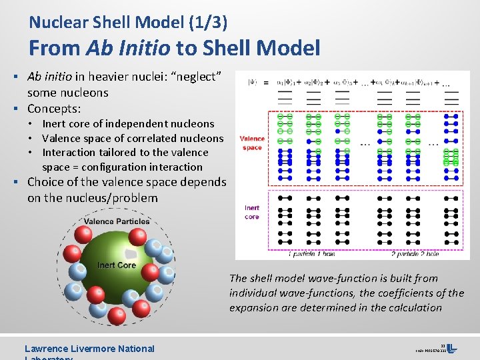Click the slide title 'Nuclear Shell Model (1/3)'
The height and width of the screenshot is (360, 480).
[x=128, y=23]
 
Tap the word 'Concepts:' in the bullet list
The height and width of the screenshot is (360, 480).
[x=54, y=108]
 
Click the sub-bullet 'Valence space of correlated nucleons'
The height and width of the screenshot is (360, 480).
[x=133, y=139]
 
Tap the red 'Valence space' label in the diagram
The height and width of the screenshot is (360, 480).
[x=252, y=143]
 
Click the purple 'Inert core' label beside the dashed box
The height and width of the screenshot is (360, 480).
[x=252, y=212]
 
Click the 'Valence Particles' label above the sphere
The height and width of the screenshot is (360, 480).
[x=117, y=222]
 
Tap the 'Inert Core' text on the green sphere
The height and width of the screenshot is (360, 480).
[x=117, y=265]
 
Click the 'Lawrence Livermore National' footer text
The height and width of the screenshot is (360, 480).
[x=89, y=348]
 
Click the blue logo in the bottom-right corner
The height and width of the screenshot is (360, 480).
[x=451, y=349]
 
